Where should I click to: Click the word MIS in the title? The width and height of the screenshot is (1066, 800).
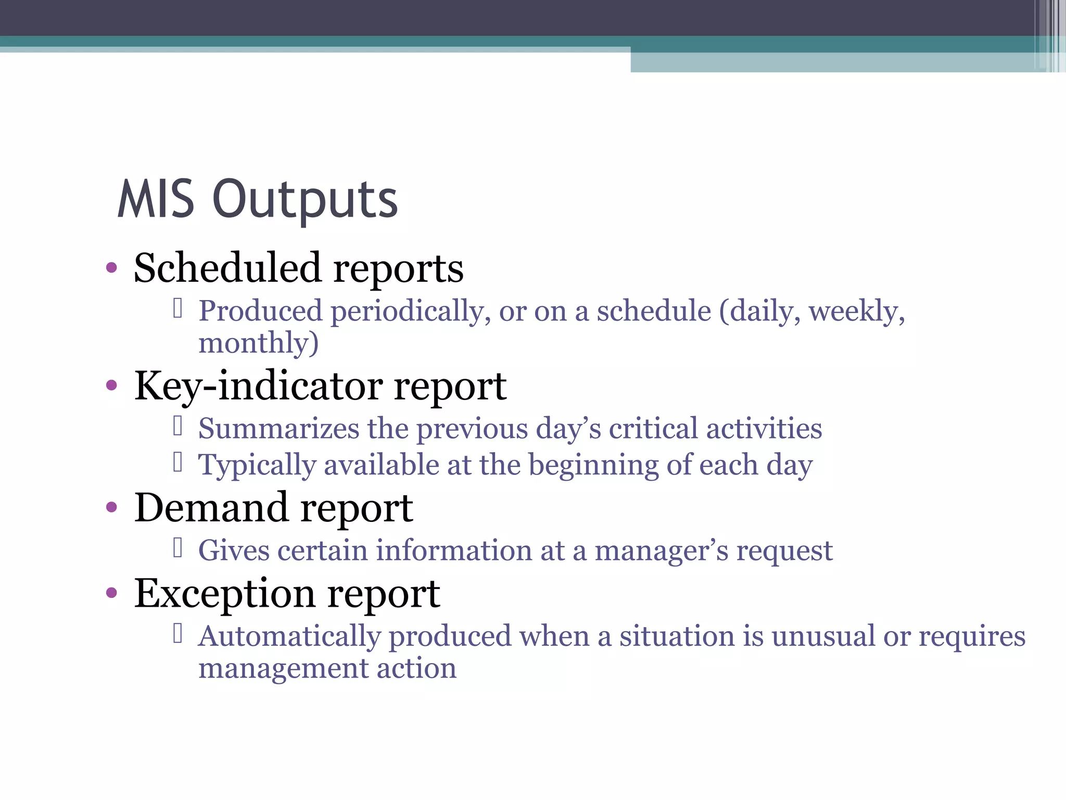156,199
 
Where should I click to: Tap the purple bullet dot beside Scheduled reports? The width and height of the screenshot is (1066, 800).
111,269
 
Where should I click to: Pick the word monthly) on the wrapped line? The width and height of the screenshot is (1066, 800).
258,344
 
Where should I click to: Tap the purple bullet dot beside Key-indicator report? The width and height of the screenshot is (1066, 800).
111,386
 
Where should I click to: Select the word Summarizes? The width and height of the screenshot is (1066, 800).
278,429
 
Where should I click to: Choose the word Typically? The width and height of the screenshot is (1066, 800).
257,466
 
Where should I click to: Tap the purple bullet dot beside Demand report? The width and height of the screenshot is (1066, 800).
111,507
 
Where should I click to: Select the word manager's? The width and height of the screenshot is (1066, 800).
661,551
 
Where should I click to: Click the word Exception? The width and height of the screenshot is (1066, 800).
225,594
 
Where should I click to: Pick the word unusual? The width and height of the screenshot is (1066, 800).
822,636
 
